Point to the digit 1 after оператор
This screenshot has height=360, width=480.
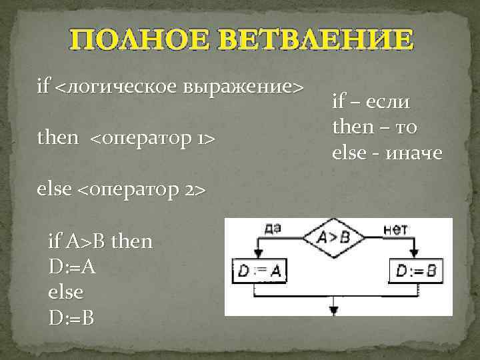199,139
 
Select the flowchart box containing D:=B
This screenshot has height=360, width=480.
415,271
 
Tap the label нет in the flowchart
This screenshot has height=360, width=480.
395,227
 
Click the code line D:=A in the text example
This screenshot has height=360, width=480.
71,267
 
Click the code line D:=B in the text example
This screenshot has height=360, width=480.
71,317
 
